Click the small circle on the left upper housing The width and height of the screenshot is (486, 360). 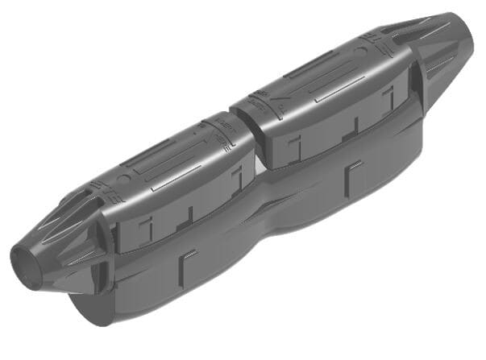122,179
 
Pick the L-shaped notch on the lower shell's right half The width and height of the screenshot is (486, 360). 352,172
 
